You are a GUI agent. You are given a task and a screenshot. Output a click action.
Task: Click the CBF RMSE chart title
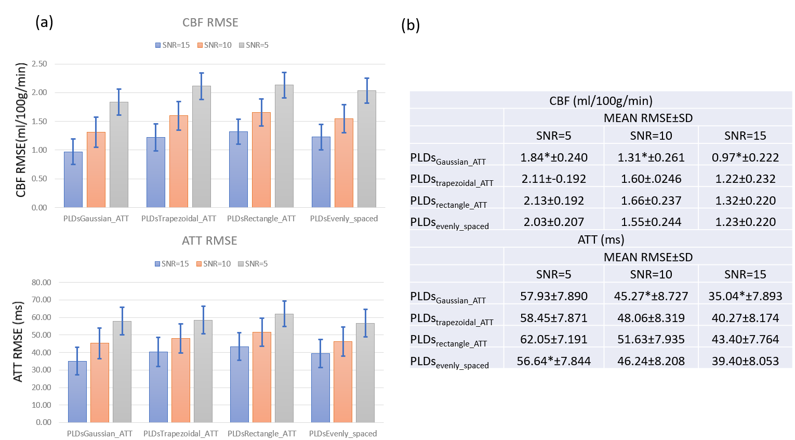point(210,23)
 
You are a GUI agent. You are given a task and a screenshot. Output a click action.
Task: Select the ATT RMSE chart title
point(209,241)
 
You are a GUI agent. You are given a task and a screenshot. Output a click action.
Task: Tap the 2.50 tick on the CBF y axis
point(39,64)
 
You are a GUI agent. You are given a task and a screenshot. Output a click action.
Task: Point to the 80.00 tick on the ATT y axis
point(42,283)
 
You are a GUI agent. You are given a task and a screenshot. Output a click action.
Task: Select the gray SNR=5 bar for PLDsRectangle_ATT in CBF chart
point(284,146)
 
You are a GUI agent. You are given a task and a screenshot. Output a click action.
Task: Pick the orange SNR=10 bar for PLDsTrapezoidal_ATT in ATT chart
point(180,380)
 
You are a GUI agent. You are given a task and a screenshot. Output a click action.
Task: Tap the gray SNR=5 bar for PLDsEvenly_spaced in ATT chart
point(365,372)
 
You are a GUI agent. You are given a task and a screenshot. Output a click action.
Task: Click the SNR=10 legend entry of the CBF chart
point(214,45)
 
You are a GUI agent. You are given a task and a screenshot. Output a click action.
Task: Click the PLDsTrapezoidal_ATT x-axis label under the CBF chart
point(179,219)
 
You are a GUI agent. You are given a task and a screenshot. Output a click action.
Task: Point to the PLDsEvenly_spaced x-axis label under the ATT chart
point(343,434)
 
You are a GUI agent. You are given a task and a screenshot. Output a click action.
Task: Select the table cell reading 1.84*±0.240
point(554,157)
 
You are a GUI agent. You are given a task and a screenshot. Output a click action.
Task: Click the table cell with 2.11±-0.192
point(554,179)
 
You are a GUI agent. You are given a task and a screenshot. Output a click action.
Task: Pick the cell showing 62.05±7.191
point(554,339)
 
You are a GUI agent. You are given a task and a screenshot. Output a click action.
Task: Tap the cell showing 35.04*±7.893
point(745,296)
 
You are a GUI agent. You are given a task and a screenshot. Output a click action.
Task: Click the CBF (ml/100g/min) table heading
point(601,101)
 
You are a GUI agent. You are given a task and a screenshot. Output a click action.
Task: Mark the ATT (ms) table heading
point(601,239)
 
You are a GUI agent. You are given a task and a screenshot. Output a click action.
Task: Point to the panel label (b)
point(410,25)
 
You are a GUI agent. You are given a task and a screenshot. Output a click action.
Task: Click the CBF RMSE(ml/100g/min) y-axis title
point(21,130)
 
